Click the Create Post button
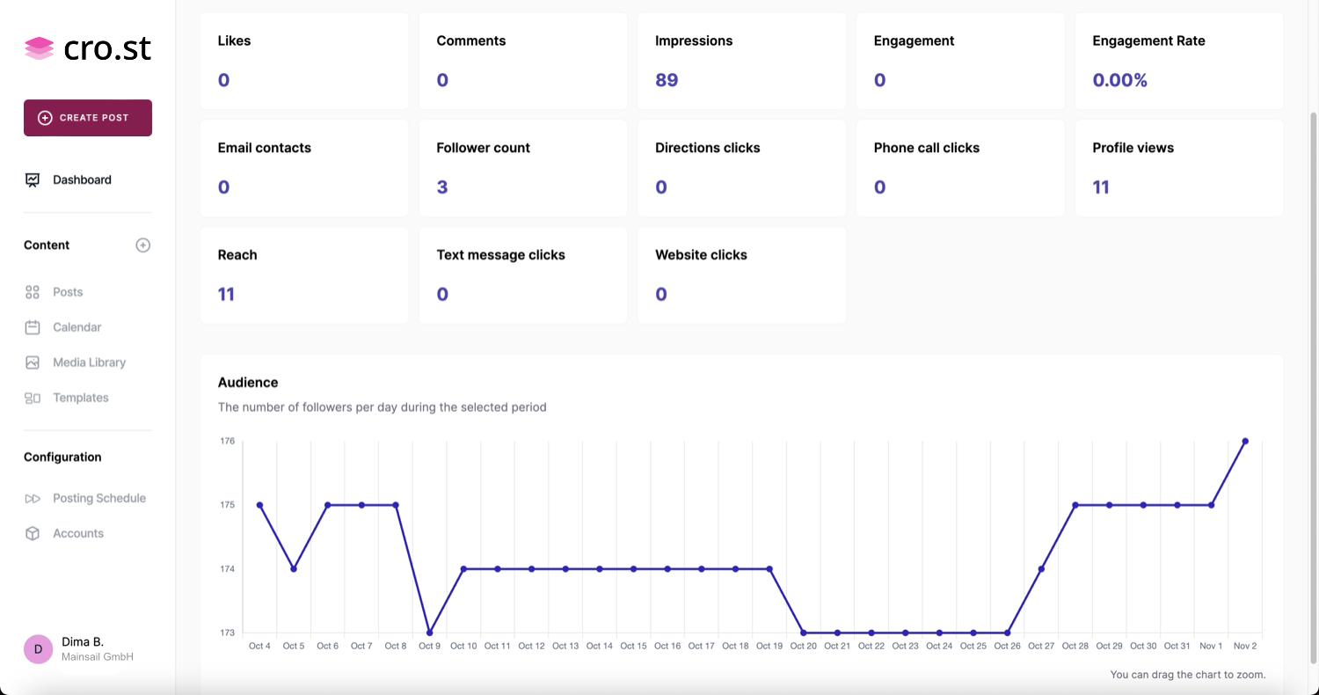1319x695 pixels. [x=88, y=118]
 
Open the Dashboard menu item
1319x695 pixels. [x=82, y=179]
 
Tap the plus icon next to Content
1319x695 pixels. [x=143, y=245]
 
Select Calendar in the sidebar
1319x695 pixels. [x=77, y=327]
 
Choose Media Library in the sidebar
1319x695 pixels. [x=89, y=362]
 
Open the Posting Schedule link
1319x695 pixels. [x=98, y=498]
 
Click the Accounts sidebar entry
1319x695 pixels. [x=77, y=533]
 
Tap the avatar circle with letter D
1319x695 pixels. [x=38, y=649]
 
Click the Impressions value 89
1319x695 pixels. [x=667, y=80]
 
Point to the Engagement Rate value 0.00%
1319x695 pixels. [x=1119, y=80]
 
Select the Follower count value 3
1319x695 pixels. [x=442, y=187]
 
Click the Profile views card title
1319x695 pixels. [x=1133, y=148]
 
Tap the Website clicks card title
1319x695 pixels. [x=701, y=255]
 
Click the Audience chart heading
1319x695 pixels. [x=248, y=383]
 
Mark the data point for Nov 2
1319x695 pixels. [x=1245, y=441]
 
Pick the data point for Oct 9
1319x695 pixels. [x=429, y=633]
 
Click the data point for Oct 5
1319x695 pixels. [x=294, y=568]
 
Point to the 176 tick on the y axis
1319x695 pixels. [x=228, y=441]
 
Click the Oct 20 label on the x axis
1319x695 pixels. [x=803, y=646]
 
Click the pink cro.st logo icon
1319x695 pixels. [x=40, y=48]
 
